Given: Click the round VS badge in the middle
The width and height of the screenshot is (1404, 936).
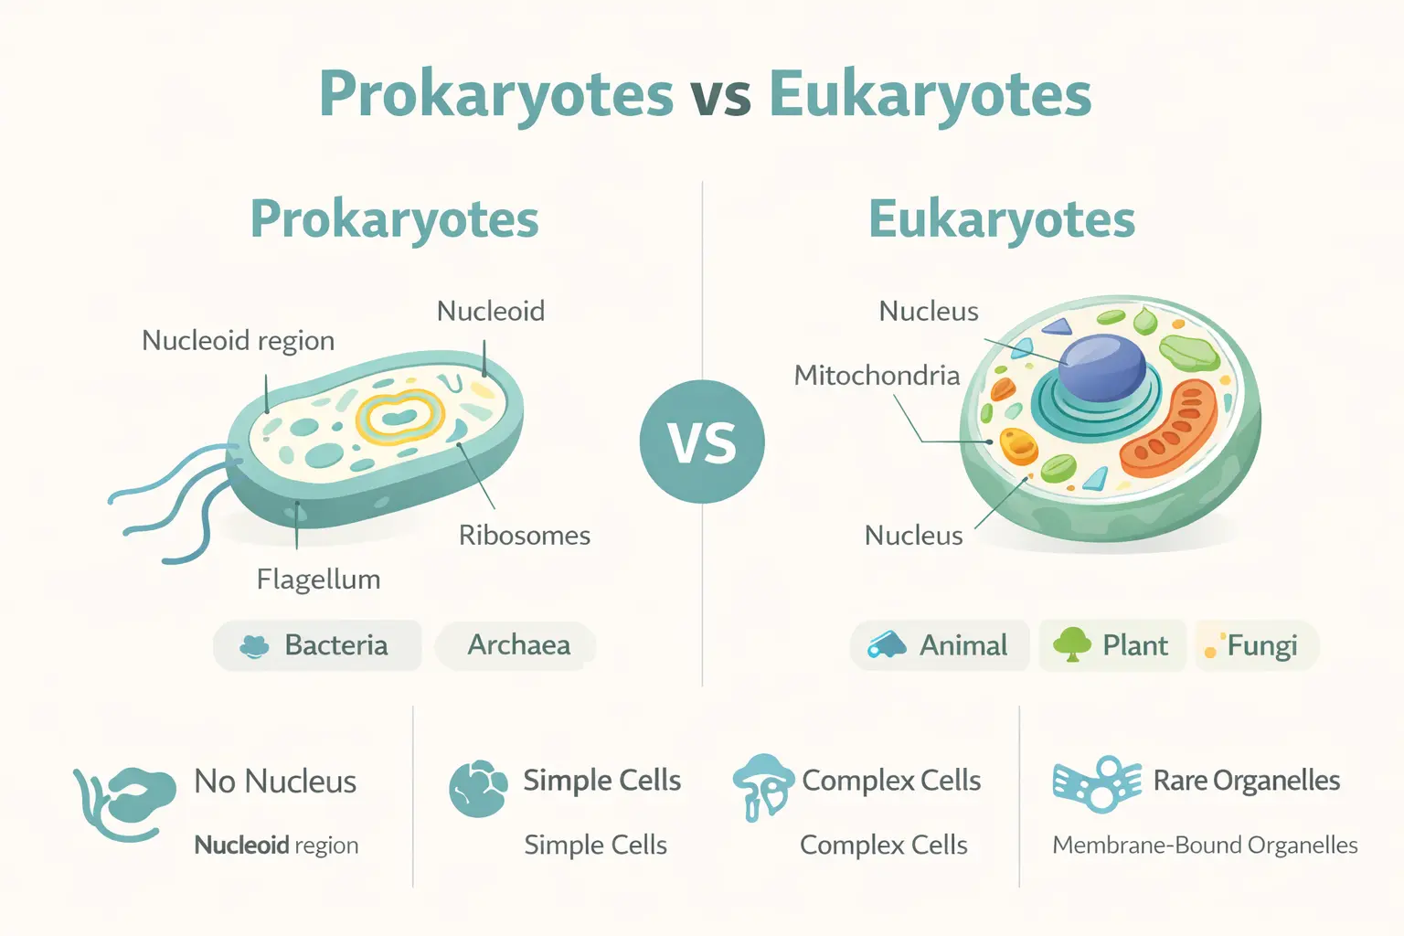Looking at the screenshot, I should [x=702, y=441].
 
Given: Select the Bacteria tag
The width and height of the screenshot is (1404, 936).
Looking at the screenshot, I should [x=317, y=645].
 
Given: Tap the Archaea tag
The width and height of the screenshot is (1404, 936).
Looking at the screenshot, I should [x=517, y=645].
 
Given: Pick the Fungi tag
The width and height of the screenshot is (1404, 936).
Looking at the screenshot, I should [x=1258, y=645].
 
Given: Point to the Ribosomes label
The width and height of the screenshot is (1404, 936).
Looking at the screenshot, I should [x=524, y=535].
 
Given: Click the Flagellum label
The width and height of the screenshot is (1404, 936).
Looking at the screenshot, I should [x=318, y=580].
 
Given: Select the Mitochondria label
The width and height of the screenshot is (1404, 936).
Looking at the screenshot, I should [x=877, y=376].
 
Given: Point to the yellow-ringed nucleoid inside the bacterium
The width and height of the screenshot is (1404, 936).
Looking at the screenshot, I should [x=400, y=417].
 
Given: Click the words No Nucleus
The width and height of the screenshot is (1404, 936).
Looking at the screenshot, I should [x=275, y=782].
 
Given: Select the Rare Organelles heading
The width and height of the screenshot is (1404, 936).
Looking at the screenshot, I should [x=1246, y=781].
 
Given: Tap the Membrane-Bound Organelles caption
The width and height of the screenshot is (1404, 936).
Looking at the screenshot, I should [x=1205, y=846].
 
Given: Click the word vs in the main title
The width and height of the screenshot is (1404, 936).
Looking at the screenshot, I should [x=721, y=95].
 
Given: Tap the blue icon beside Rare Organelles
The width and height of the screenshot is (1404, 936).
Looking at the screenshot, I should [x=1097, y=784].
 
